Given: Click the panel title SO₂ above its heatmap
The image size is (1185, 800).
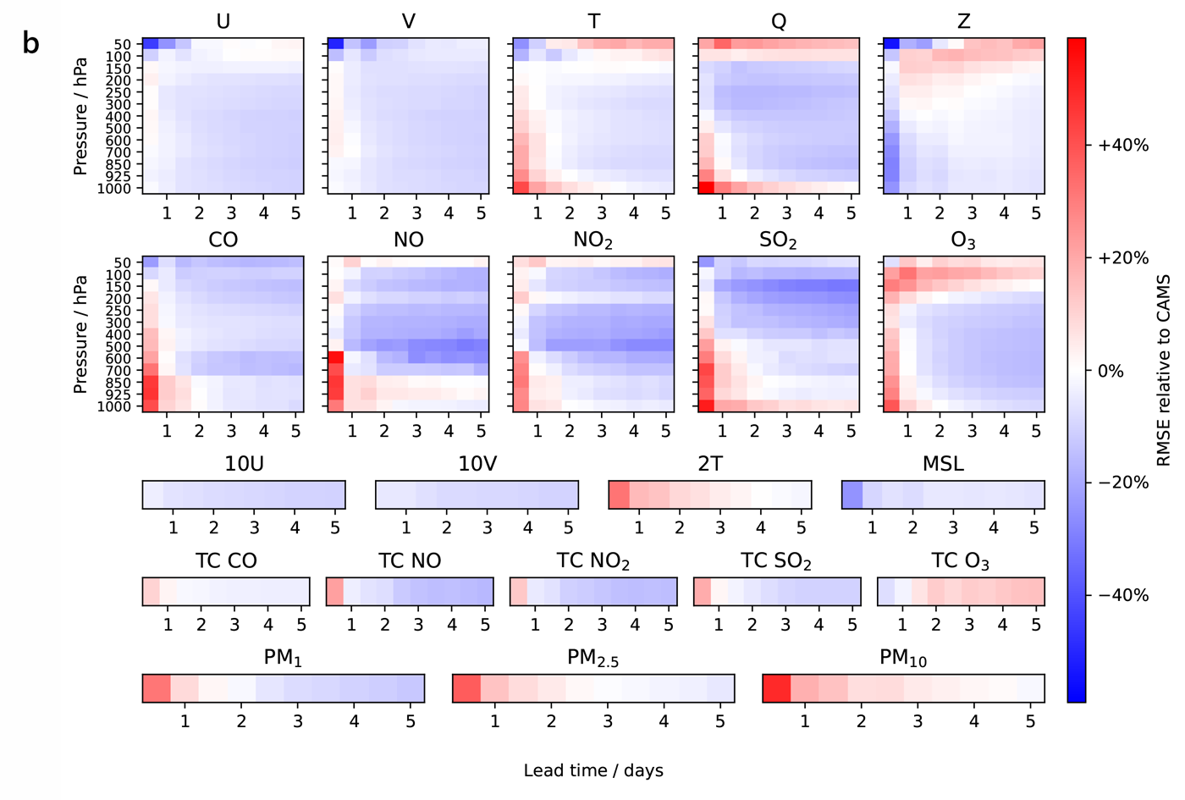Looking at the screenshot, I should (778, 241).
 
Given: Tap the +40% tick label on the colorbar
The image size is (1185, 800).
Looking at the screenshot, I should (1122, 146).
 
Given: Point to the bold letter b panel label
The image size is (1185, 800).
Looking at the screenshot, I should (30, 43).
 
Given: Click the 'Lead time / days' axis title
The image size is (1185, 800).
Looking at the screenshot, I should (592, 770).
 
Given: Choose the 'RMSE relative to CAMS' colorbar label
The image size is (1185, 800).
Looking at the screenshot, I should (1164, 370).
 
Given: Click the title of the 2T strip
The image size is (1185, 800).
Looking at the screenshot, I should (710, 464).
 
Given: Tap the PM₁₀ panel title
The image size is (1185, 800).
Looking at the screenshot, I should (903, 658).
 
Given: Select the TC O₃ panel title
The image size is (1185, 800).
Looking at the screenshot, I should (960, 561).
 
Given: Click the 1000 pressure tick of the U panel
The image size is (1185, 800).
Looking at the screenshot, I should (114, 188).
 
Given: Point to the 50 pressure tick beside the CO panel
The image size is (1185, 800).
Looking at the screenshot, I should (123, 262).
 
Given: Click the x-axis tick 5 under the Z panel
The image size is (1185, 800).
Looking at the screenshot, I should (1036, 213).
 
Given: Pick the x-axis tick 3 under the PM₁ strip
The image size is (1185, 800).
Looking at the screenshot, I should (298, 721).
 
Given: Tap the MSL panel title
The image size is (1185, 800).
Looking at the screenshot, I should (943, 464).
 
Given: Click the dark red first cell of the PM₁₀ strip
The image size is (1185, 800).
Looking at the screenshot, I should (776, 688).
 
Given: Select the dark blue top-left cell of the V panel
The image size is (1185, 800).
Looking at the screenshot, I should (335, 44).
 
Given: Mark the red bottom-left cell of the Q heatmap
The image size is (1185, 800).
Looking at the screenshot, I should (706, 187).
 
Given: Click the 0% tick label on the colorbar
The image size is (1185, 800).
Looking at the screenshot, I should (1111, 371).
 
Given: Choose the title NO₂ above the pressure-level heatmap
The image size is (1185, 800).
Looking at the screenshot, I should (592, 241).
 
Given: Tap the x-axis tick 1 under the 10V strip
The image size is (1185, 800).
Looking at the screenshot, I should (406, 527).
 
